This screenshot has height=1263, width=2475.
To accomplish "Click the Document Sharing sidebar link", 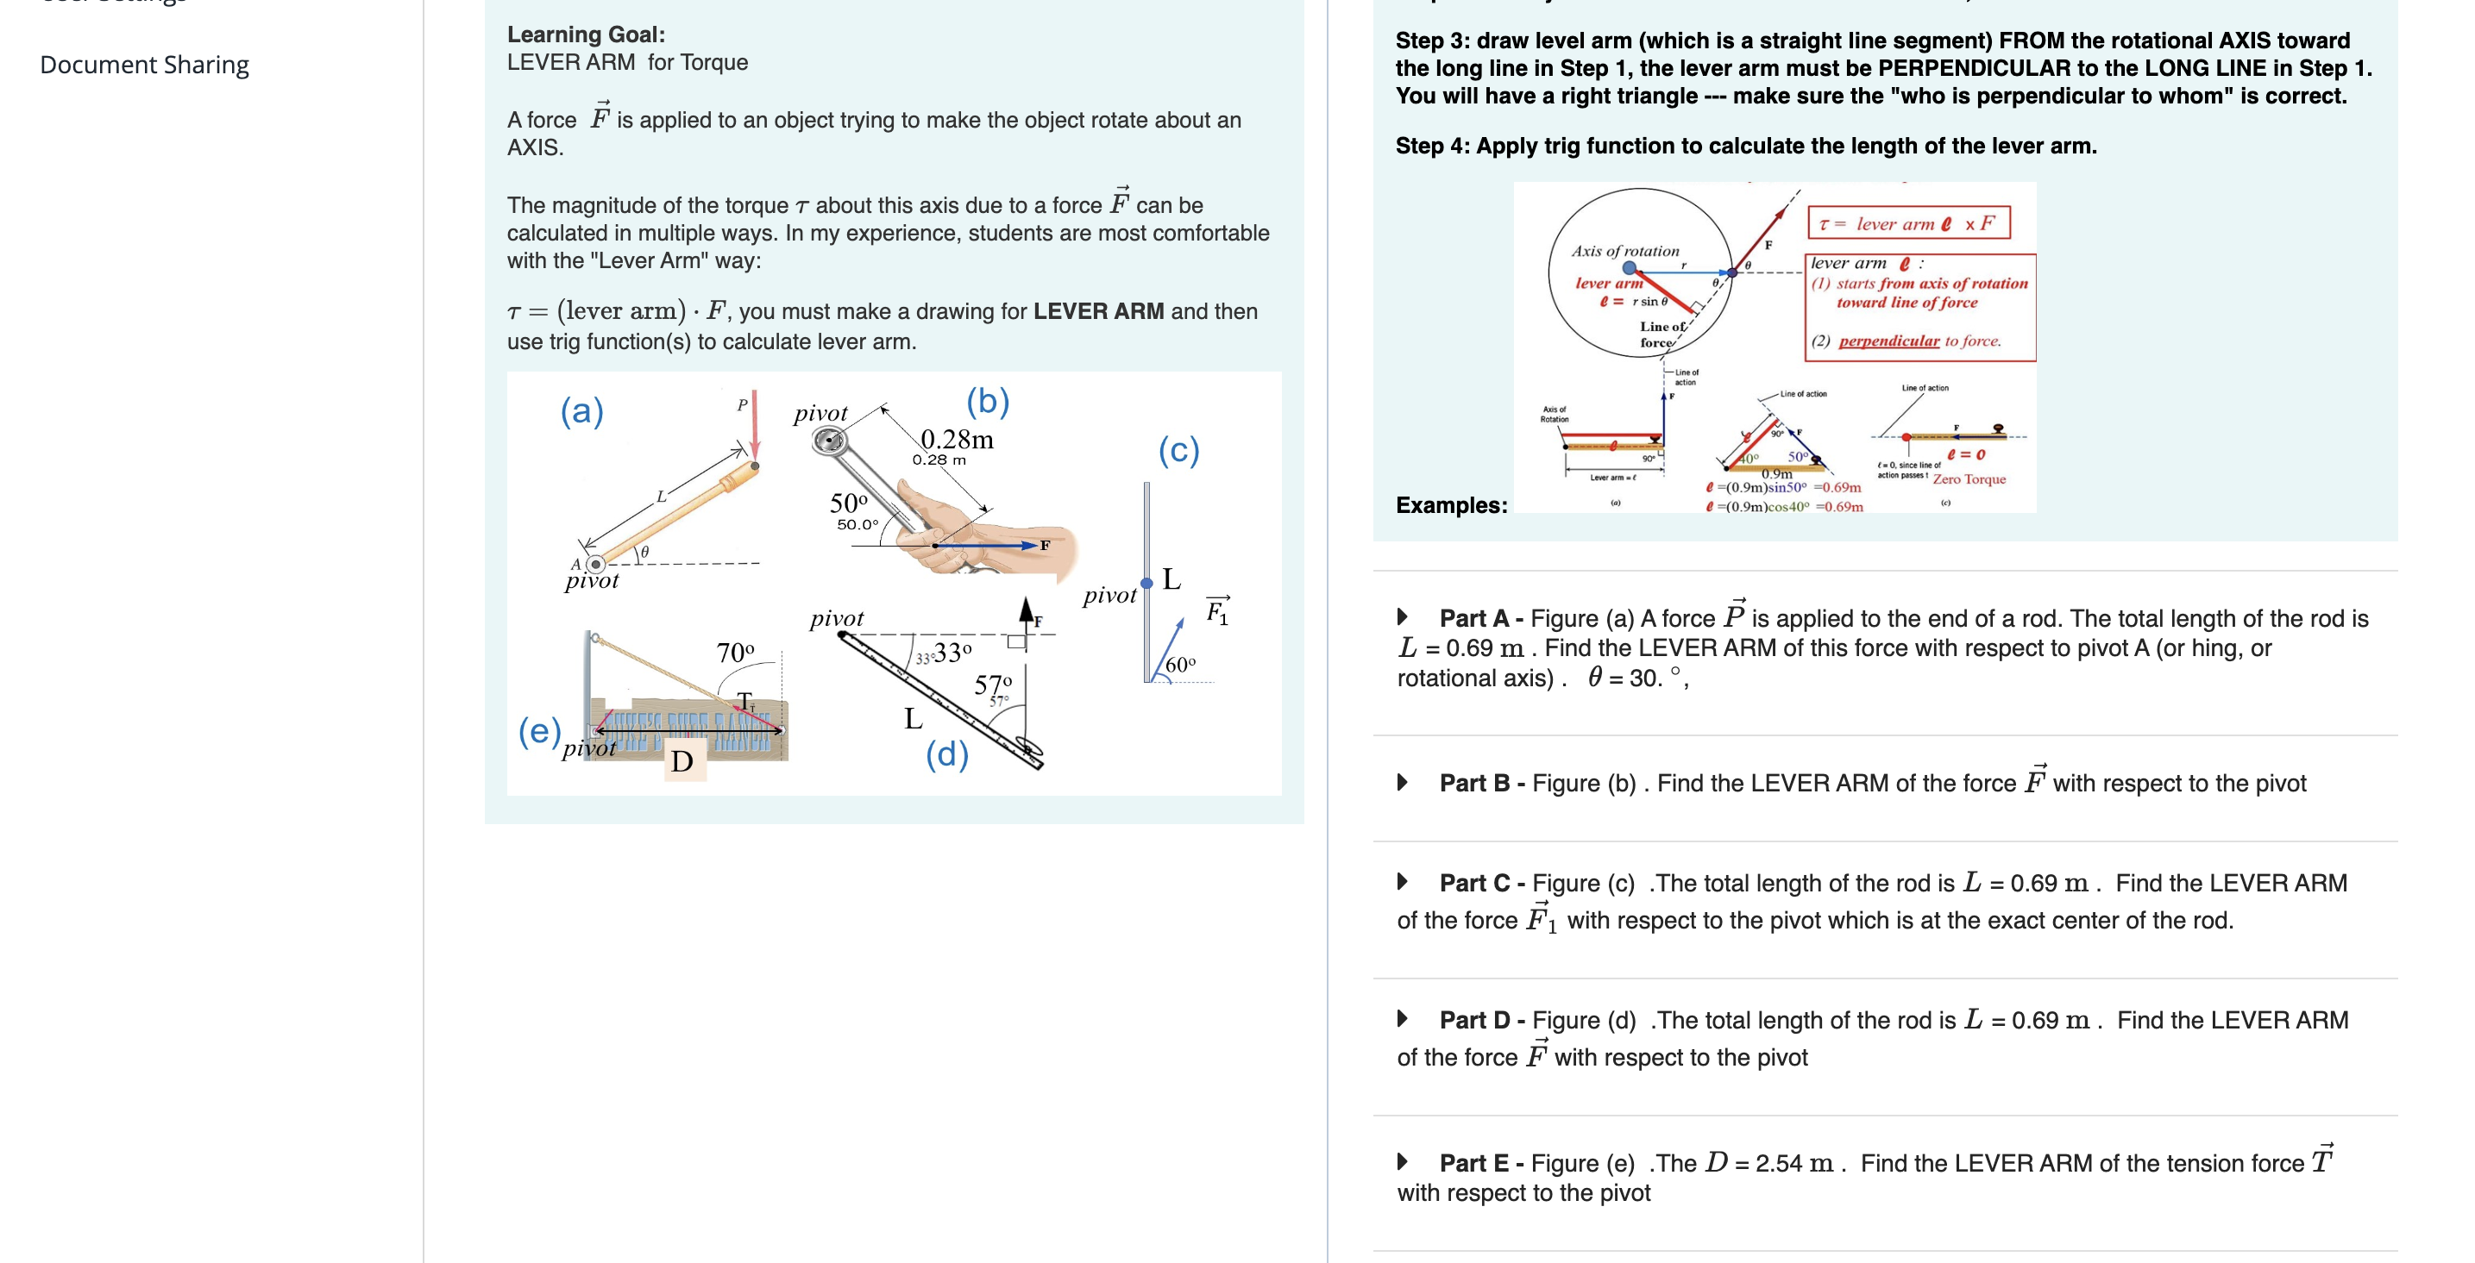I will [x=144, y=65].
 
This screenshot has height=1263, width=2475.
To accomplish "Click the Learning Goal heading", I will [x=585, y=34].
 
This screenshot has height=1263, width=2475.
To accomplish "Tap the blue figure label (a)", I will [x=581, y=411].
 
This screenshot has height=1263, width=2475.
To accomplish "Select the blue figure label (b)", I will [x=987, y=401].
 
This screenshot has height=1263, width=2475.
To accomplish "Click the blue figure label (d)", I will [x=946, y=754].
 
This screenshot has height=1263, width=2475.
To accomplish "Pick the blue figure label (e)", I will [x=539, y=732].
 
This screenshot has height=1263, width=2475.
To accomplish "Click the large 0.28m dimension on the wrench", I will [x=957, y=439].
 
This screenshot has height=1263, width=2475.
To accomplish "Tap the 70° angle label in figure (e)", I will [x=735, y=653].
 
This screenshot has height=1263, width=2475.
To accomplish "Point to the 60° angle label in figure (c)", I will [x=1180, y=665].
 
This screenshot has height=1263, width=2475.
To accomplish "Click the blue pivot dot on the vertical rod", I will [x=1146, y=583].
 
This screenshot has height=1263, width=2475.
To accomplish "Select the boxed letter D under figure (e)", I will [x=682, y=761].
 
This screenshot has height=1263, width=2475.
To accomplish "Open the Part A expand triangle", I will [x=1403, y=616].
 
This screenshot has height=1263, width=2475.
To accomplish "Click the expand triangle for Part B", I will [x=1403, y=783].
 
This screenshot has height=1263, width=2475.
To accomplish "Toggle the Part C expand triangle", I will [x=1403, y=882].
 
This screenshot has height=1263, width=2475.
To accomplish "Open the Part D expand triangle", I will [x=1403, y=1019].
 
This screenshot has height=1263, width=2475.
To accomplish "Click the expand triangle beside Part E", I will [x=1403, y=1162].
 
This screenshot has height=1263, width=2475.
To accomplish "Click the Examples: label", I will [x=1451, y=505].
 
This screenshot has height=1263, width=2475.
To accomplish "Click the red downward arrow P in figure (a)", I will [x=755, y=422].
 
